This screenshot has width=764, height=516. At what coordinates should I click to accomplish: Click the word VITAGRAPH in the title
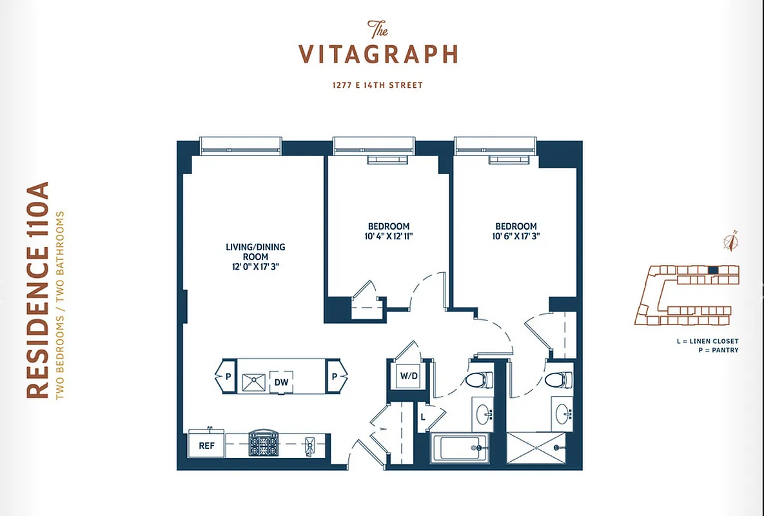tap(378, 55)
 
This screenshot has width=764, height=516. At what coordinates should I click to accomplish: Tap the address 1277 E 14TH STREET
tap(378, 85)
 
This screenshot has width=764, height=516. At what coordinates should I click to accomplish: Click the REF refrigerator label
tap(206, 445)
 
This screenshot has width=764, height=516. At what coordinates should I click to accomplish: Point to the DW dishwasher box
tap(282, 381)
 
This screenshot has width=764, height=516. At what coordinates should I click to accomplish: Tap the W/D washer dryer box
tap(407, 375)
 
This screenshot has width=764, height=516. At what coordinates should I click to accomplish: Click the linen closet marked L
tap(422, 417)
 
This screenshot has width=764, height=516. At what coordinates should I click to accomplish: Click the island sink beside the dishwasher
tap(255, 381)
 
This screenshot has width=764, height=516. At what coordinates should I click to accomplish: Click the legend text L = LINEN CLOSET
tap(707, 341)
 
